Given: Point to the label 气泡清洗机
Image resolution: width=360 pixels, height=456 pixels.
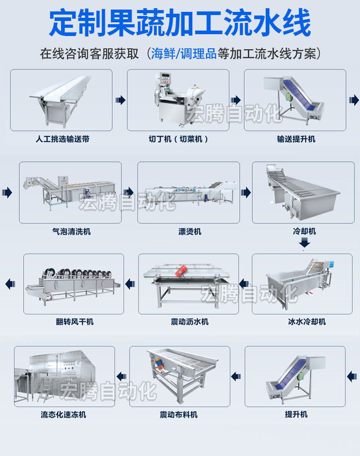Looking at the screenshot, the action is pyautogui.click(x=71, y=232).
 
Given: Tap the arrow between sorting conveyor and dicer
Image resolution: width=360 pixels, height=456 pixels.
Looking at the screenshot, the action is pyautogui.click(x=120, y=100).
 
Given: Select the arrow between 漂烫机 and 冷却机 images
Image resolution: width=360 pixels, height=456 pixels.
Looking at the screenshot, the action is pyautogui.click(x=246, y=192).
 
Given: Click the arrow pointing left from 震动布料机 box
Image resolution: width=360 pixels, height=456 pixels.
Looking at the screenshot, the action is pyautogui.click(x=121, y=376).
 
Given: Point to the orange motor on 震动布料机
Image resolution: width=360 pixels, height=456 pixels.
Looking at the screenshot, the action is pyautogui.click(x=159, y=363).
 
